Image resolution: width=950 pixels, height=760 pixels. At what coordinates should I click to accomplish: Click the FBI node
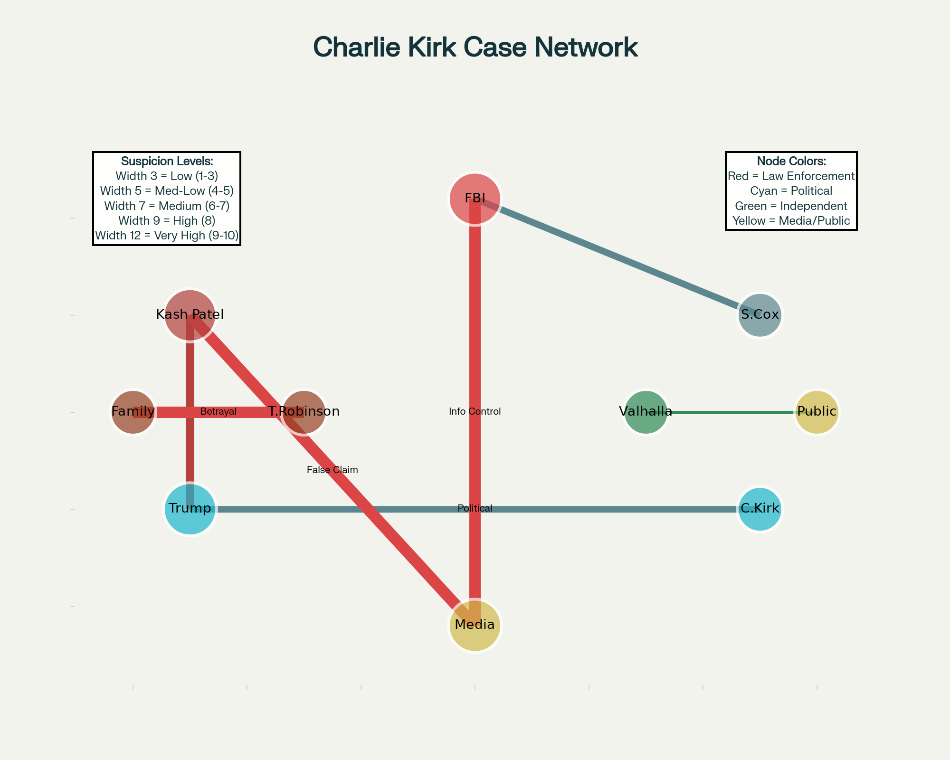(x=475, y=198)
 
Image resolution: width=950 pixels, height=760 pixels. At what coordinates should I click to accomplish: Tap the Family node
(x=133, y=412)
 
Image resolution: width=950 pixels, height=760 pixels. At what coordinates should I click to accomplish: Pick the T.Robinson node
(x=304, y=412)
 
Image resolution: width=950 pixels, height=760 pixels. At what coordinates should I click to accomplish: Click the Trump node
(x=190, y=509)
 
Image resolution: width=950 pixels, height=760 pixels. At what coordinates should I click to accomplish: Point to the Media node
(x=475, y=625)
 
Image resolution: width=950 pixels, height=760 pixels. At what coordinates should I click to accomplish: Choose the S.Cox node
(x=760, y=315)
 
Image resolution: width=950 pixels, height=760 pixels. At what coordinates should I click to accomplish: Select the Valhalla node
(x=646, y=412)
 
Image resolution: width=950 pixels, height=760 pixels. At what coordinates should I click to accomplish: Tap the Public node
(x=817, y=412)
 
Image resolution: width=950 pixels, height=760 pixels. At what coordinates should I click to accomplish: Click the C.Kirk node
(x=760, y=509)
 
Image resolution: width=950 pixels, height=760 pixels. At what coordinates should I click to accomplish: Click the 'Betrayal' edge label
(x=218, y=412)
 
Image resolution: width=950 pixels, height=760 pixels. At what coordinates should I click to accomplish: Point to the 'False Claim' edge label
(x=332, y=470)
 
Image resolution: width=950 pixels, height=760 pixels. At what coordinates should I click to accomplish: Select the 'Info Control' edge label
(x=475, y=412)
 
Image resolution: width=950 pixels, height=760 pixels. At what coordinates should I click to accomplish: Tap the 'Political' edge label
(x=475, y=509)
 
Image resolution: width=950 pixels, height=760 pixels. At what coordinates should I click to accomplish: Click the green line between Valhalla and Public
(x=731, y=412)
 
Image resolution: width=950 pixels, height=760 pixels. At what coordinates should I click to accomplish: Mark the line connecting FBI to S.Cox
(x=617, y=256)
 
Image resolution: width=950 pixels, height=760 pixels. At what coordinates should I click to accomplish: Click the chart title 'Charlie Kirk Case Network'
(x=475, y=47)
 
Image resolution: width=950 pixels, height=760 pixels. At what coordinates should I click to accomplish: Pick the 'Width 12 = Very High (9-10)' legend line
(x=167, y=236)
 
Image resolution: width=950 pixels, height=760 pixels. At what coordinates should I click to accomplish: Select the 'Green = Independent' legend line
(x=791, y=206)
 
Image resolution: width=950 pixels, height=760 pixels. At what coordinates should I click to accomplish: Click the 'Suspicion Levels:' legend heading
(x=167, y=161)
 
